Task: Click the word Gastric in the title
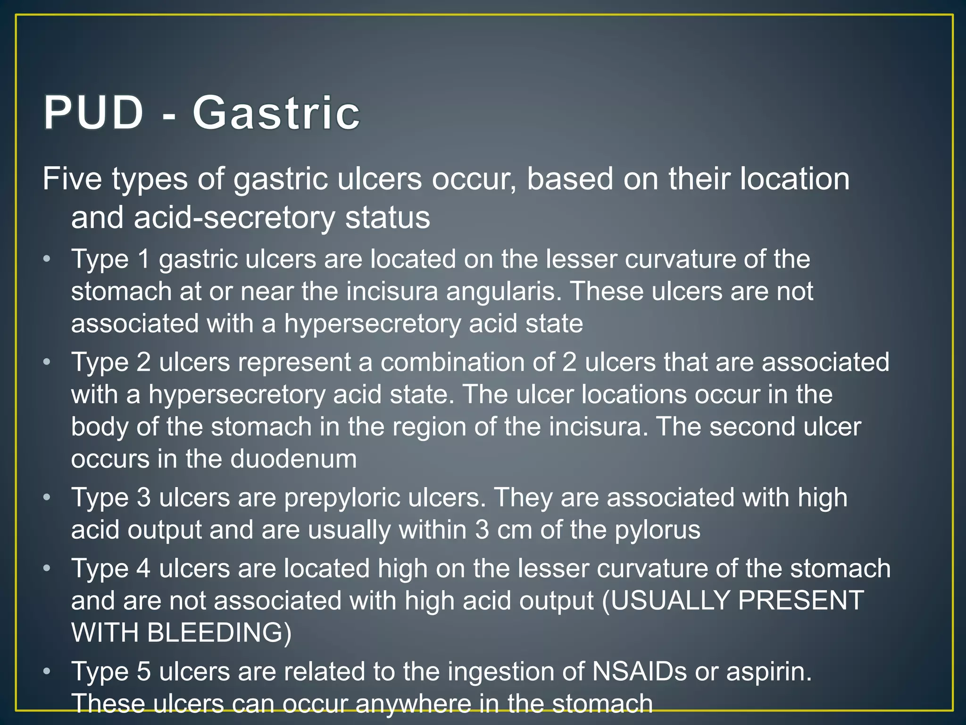(x=276, y=113)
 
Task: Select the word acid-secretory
(x=234, y=218)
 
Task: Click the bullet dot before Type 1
(x=46, y=259)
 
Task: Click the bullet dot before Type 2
(x=46, y=362)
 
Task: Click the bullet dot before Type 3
(x=46, y=497)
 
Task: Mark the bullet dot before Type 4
(x=46, y=568)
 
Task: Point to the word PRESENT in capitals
(x=801, y=600)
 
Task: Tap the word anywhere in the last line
(x=413, y=703)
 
